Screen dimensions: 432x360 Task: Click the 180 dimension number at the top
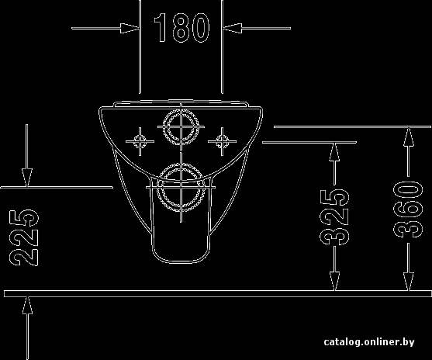coord(181,28)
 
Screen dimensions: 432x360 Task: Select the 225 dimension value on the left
coord(24,237)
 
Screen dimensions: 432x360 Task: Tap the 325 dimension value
coord(334,216)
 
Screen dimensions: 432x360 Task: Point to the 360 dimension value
coord(408,209)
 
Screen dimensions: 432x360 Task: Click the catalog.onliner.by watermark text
coord(369,342)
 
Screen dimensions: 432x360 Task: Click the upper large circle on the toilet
coord(181,126)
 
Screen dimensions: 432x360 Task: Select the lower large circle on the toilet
coord(181,188)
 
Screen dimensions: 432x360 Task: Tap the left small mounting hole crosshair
coord(140,141)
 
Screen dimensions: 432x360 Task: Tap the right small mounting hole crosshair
coord(222,141)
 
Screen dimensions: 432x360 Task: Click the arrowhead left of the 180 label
coord(130,28)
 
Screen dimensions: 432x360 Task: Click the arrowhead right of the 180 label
coord(233,28)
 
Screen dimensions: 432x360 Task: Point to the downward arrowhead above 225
coord(26,178)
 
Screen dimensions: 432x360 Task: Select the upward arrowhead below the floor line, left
coord(27,305)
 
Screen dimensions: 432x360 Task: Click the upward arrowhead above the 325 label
coord(334,152)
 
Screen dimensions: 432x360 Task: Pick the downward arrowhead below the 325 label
coord(335,281)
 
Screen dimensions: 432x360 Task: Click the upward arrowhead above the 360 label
coord(409,137)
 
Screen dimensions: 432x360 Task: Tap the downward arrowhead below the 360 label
coord(409,281)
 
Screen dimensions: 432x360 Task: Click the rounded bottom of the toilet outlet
coord(181,263)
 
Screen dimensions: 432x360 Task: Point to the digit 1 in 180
coord(161,28)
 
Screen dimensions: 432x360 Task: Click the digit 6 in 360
coord(408,210)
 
